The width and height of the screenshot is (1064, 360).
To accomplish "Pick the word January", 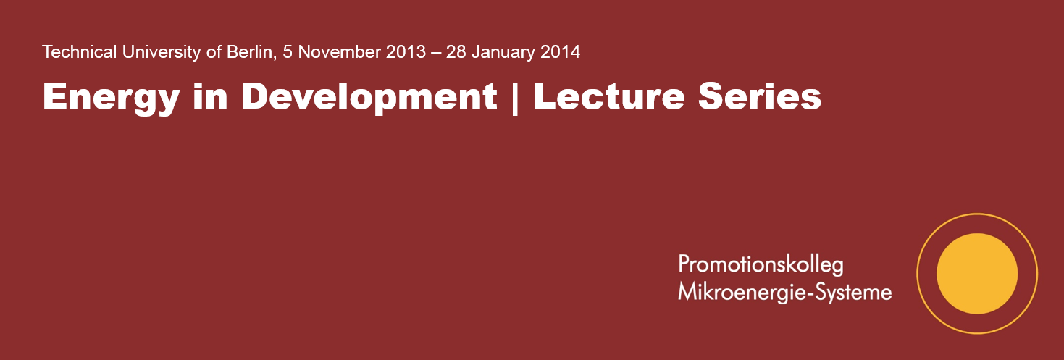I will click(506, 52).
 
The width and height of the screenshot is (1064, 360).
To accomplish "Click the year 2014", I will click(559, 52).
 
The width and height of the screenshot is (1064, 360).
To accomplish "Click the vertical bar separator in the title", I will click(515, 97).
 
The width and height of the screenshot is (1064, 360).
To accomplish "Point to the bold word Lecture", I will click(609, 96).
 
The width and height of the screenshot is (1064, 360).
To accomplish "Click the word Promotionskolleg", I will click(761, 265).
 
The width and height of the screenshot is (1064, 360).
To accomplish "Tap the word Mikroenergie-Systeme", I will click(784, 293).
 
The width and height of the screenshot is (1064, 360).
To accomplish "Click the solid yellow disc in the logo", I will click(977, 274).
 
